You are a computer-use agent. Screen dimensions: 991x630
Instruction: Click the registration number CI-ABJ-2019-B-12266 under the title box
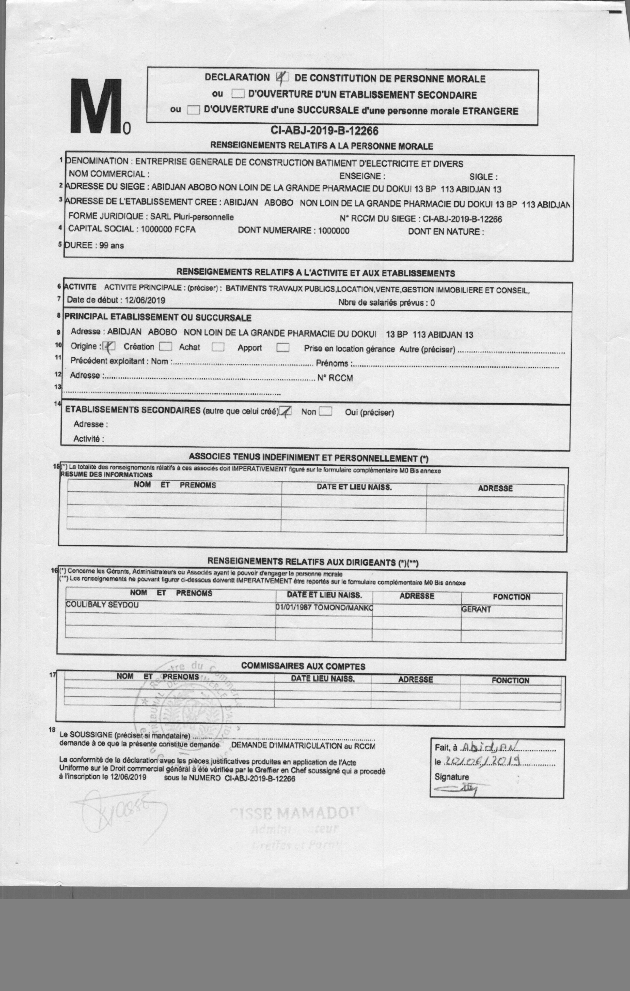[x=324, y=131]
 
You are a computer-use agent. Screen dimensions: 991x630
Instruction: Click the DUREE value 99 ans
[x=111, y=246]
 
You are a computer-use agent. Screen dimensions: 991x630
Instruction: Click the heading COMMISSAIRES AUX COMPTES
[x=303, y=666]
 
